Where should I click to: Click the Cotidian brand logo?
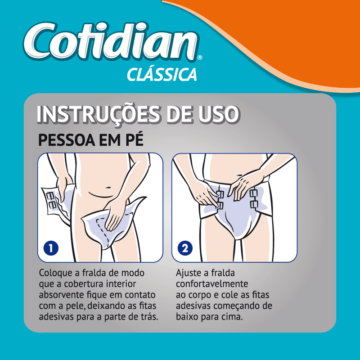pyautogui.click(x=110, y=42)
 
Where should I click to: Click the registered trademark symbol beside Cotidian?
pyautogui.click(x=200, y=58)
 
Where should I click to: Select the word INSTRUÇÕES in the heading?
pyautogui.click(x=98, y=114)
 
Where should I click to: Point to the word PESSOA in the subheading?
pyautogui.click(x=67, y=139)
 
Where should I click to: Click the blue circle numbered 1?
pyautogui.click(x=51, y=248)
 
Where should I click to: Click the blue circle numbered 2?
pyautogui.click(x=185, y=248)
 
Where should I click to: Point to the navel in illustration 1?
pyautogui.click(x=108, y=188)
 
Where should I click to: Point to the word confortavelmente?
pyautogui.click(x=212, y=284)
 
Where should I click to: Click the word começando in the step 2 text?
pyautogui.click(x=240, y=306)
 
